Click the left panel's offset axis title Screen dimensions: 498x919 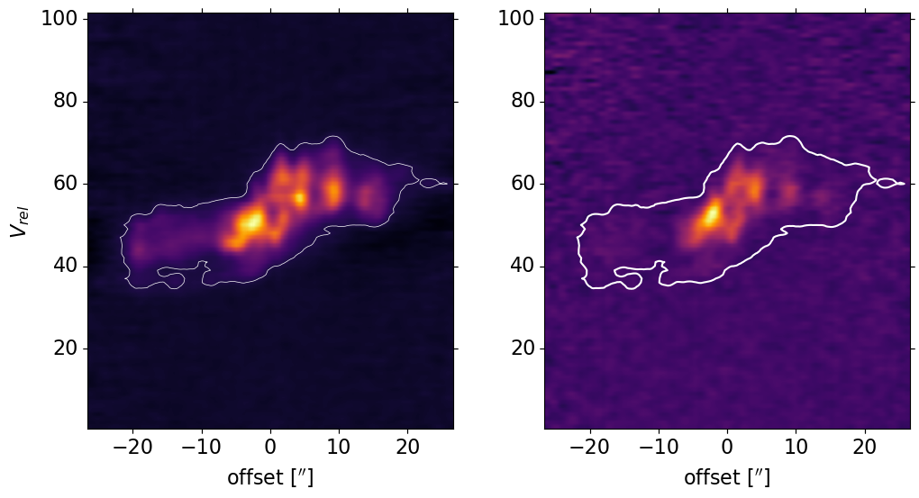click(270, 477)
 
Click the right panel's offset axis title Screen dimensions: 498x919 click(727, 477)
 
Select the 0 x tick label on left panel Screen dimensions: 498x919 click(270, 448)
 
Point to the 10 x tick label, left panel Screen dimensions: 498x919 click(339, 448)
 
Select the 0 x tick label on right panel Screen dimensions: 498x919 click(727, 448)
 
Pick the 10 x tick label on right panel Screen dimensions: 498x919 click(796, 448)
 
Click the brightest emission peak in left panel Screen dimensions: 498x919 click(255, 219)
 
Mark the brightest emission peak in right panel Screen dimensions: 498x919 click(713, 213)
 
